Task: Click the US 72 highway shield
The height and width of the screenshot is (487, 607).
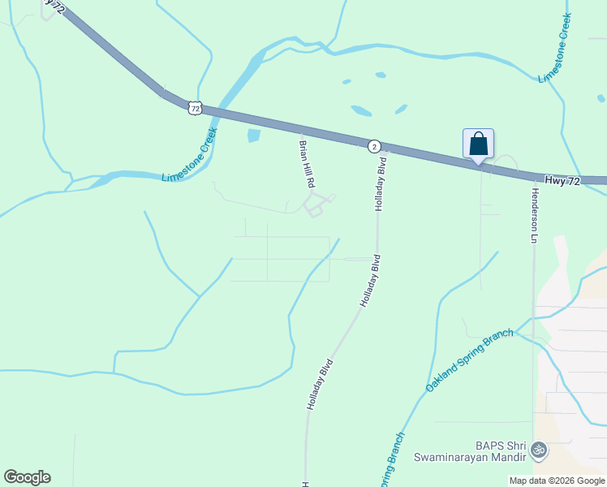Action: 193,106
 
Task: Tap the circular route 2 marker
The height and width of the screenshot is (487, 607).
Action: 373,146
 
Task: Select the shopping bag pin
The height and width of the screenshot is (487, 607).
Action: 478,144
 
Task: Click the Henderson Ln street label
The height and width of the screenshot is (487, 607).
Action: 535,215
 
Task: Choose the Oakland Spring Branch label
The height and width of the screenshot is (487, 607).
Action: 470,360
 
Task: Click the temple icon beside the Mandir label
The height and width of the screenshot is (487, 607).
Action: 537,449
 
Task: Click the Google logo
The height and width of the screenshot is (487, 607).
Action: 27,477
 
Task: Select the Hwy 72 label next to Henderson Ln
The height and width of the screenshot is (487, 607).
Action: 562,181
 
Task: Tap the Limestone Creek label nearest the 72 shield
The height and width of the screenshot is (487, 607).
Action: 190,154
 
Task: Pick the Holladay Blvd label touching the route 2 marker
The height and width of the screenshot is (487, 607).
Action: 380,183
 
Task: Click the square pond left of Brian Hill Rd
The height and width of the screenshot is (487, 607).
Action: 254,136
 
